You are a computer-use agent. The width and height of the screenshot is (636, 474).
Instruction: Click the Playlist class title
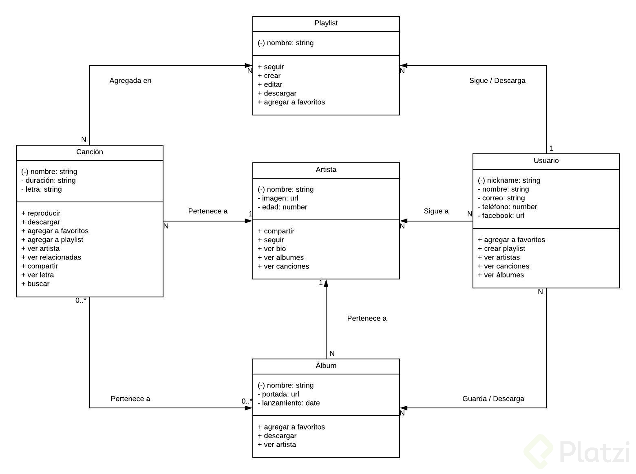coord(326,23)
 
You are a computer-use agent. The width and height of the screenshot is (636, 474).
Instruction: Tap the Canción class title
coord(89,152)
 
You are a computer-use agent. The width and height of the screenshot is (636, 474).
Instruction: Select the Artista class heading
coord(326,170)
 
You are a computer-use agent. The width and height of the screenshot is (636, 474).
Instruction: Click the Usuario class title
coord(546,161)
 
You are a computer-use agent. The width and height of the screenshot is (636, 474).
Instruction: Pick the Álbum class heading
coord(326,366)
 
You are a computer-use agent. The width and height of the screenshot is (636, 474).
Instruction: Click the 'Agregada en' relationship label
coord(130,81)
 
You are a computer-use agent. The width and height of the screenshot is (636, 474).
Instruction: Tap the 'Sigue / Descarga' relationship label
coord(497,81)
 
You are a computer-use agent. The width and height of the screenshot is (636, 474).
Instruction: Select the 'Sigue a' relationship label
coord(436,211)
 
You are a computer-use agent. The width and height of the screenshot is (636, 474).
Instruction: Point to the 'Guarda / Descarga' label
coord(493,399)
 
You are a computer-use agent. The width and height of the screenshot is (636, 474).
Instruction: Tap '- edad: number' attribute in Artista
coord(283,207)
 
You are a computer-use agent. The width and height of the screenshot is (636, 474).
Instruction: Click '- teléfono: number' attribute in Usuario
coord(507,207)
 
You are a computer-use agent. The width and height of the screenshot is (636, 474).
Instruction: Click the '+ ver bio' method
coord(272,249)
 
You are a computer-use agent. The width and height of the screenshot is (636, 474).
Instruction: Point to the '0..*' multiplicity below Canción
coord(81,301)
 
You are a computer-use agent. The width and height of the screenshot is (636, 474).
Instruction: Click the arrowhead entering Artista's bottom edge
coord(326,283)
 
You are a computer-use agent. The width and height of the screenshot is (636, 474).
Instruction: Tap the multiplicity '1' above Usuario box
coord(551,148)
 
